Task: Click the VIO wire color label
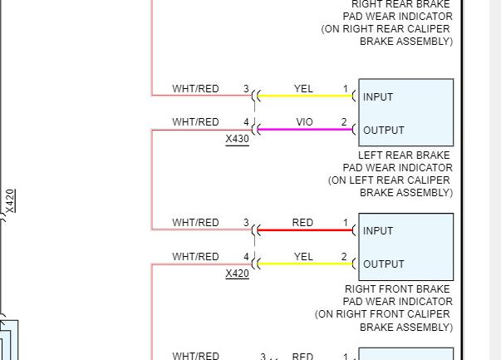[305, 122]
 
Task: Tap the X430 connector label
[237, 139]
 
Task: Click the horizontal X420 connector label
[237, 273]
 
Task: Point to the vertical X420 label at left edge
[10, 201]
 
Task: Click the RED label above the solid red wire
[302, 223]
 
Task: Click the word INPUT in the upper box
[378, 97]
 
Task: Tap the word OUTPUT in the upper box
[383, 131]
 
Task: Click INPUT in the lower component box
[378, 231]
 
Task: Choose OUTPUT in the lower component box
[383, 264]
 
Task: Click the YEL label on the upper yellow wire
[303, 89]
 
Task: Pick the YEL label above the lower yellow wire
[303, 257]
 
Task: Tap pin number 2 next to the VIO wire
[344, 122]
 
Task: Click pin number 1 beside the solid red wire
[345, 223]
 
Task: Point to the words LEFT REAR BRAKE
[404, 155]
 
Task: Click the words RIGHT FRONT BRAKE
[398, 289]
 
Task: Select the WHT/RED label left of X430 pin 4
[195, 122]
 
